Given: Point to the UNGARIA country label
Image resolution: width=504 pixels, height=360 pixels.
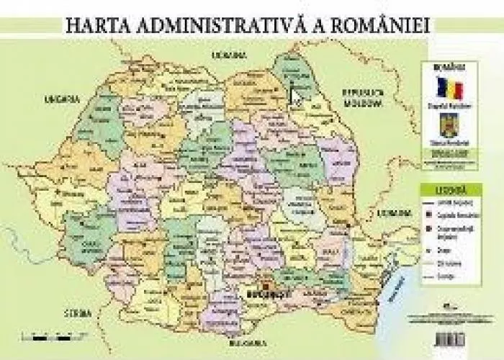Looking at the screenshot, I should coord(59,99).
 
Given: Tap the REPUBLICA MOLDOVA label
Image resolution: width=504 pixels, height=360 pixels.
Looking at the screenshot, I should coord(364,98).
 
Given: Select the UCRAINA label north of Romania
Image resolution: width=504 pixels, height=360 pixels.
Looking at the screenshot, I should coord(228,54).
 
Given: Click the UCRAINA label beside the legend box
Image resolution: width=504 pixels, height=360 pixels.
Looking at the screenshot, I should coord(393,213).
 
